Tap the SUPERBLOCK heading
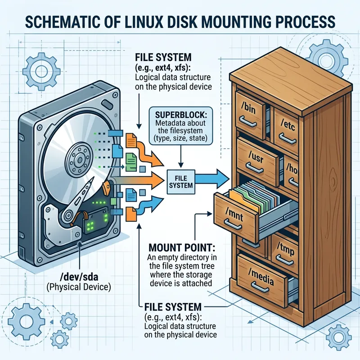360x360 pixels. coord(179,110)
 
